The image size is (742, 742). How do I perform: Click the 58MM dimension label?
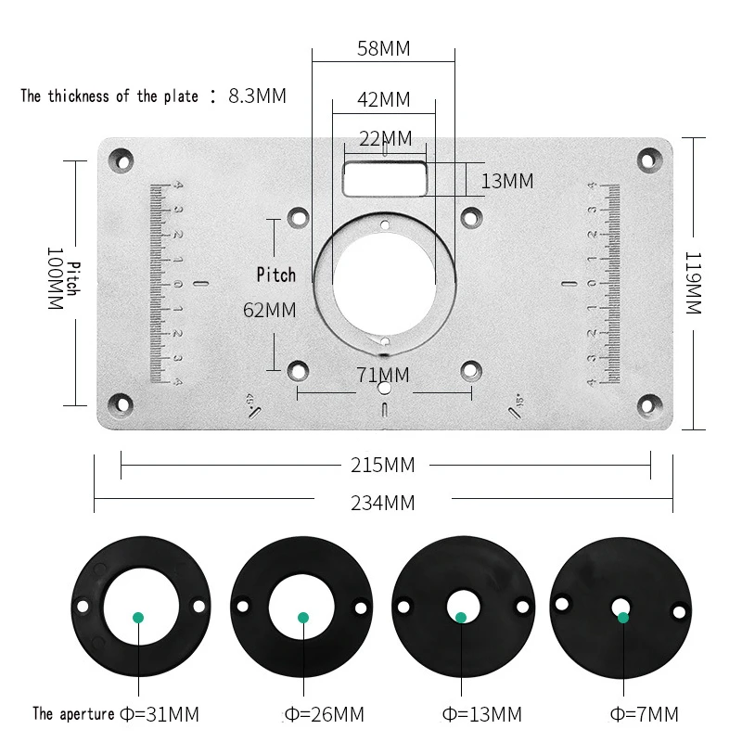tap(383, 48)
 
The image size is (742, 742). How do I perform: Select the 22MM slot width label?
tap(384, 139)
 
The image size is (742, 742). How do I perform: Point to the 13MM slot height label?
tap(507, 181)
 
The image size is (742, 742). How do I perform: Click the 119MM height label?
tap(693, 282)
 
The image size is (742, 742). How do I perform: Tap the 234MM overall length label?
tap(382, 504)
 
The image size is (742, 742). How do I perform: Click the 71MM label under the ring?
tap(382, 375)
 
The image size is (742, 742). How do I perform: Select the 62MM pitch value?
tap(269, 310)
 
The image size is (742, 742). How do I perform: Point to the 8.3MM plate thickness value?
tap(257, 95)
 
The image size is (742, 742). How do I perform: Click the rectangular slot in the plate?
tap(384, 177)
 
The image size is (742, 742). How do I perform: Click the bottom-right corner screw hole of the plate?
tap(646, 404)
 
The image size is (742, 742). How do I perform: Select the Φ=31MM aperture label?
tap(159, 714)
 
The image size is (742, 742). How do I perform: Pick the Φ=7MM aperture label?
tap(645, 714)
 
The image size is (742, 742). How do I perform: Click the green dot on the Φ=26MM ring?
tap(302, 617)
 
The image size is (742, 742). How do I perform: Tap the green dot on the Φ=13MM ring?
tap(461, 617)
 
